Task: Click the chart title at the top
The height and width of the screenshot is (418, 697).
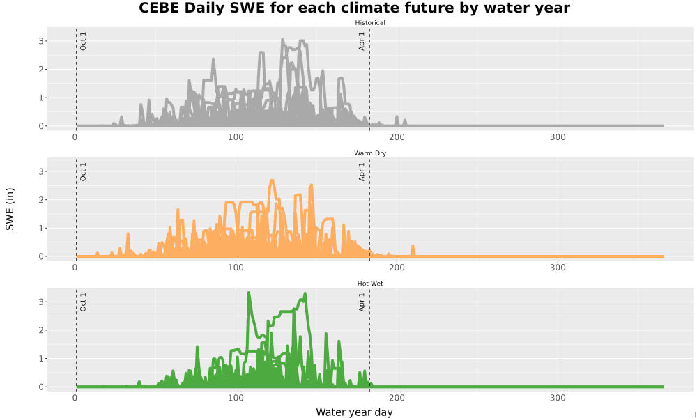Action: click(x=354, y=8)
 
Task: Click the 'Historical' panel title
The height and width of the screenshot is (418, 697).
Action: click(x=370, y=23)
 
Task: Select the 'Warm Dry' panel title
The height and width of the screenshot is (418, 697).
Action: click(x=370, y=153)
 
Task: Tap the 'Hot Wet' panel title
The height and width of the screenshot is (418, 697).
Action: click(x=370, y=284)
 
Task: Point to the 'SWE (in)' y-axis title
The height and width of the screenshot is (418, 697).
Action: click(x=10, y=209)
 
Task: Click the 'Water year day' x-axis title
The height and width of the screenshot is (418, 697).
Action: click(x=354, y=412)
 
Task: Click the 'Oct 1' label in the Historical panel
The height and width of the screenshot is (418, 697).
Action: click(x=83, y=41)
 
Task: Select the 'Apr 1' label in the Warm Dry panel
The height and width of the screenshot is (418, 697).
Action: click(x=362, y=172)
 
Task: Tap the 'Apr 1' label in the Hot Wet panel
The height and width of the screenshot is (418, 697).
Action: click(x=362, y=302)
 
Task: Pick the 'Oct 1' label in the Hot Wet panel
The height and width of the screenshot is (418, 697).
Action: click(x=83, y=302)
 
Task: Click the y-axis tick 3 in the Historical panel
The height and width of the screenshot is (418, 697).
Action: click(x=41, y=41)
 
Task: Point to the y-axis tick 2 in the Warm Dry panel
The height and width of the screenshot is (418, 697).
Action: click(x=41, y=200)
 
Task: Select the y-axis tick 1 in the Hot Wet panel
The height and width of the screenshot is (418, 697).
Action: click(x=41, y=359)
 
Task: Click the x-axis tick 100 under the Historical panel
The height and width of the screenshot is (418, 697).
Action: click(x=236, y=137)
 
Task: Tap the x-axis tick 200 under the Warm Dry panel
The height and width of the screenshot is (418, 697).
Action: click(x=397, y=268)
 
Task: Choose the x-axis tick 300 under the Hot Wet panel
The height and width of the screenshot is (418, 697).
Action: click(x=558, y=398)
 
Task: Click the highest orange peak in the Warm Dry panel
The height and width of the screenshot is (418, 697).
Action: click(x=272, y=180)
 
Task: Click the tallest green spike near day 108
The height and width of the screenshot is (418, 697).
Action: click(x=249, y=293)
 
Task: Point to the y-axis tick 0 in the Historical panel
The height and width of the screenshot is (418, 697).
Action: click(x=41, y=126)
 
